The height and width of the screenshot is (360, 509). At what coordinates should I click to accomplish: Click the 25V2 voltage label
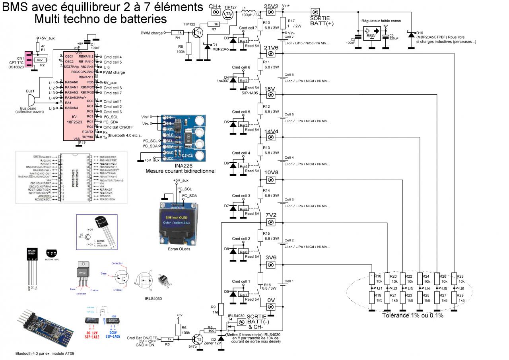(x=272, y=5)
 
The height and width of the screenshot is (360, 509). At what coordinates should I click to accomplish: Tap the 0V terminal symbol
(x=270, y=307)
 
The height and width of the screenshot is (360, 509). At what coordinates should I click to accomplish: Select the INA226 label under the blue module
(x=181, y=165)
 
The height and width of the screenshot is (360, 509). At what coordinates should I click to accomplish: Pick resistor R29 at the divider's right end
(x=455, y=298)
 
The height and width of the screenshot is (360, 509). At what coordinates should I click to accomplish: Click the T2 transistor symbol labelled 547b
(x=197, y=339)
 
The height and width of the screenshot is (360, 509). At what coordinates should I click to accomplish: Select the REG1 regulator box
(x=372, y=33)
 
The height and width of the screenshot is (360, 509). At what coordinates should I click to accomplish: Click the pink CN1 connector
(x=29, y=60)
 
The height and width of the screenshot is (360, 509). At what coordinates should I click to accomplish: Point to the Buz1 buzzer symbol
(x=34, y=101)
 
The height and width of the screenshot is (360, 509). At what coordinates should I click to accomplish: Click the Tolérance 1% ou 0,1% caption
(x=412, y=315)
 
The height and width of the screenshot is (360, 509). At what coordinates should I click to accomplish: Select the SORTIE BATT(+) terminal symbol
(x=315, y=12)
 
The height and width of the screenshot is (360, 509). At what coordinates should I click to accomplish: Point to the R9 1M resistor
(x=221, y=309)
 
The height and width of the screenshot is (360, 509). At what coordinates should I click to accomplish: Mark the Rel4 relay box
(x=243, y=166)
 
